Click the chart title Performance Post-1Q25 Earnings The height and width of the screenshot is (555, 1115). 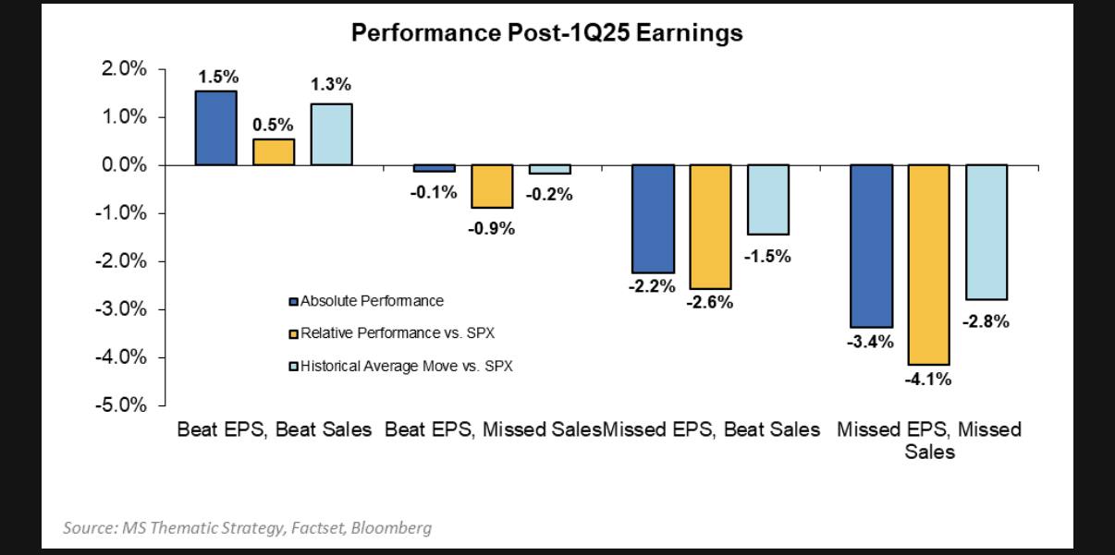tap(546, 34)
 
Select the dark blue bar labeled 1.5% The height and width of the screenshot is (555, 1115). tap(215, 127)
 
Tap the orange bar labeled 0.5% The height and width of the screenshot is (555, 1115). tap(274, 152)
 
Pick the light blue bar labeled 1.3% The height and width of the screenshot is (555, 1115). tap(331, 134)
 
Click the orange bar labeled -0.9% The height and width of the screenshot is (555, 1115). tap(492, 186)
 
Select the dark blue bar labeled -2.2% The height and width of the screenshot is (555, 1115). tap(652, 218)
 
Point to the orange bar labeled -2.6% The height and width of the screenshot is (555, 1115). tap(709, 226)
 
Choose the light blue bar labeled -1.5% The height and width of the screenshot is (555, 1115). tap(767, 199)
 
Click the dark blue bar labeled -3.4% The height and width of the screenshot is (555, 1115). tap(870, 246)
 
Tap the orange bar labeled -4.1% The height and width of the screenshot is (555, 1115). tap(928, 264)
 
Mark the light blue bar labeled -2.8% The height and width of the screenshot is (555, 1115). tap(986, 232)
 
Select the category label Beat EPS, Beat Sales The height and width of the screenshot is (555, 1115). tap(275, 429)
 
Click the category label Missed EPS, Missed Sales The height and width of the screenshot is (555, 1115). tap(928, 440)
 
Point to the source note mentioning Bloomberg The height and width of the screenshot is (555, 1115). tap(247, 528)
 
